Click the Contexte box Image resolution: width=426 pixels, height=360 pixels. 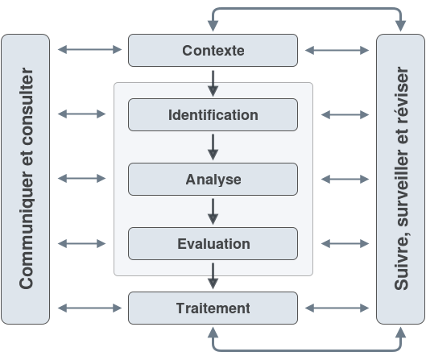(x=213, y=50)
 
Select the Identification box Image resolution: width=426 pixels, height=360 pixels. (x=213, y=114)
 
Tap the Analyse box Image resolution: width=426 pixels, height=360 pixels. (x=213, y=179)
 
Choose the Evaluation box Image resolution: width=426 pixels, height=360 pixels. (x=213, y=243)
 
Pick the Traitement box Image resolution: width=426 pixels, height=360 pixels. (x=213, y=308)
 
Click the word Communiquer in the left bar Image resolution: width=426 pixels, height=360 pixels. (x=27, y=230)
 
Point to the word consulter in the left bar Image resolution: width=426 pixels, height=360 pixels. (x=27, y=106)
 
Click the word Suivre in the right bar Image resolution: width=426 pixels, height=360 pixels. (x=401, y=262)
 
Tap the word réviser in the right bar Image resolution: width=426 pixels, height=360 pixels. (x=401, y=95)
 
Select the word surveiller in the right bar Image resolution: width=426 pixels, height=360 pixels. (x=401, y=188)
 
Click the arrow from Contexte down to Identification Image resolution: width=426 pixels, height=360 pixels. (x=213, y=84)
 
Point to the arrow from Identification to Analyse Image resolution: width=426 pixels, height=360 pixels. (x=213, y=147)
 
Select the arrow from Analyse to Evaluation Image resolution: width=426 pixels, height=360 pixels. (x=213, y=212)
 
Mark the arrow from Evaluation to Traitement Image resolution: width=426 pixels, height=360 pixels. (x=213, y=276)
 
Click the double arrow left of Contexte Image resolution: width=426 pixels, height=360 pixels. (x=89, y=49)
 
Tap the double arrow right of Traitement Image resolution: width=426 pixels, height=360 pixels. (x=337, y=308)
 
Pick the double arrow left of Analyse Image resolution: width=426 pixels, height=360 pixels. (x=82, y=179)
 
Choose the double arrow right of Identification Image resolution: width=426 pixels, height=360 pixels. (x=345, y=114)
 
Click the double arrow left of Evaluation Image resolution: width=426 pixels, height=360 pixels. (x=82, y=243)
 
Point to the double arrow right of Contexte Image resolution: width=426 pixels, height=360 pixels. (x=337, y=50)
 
